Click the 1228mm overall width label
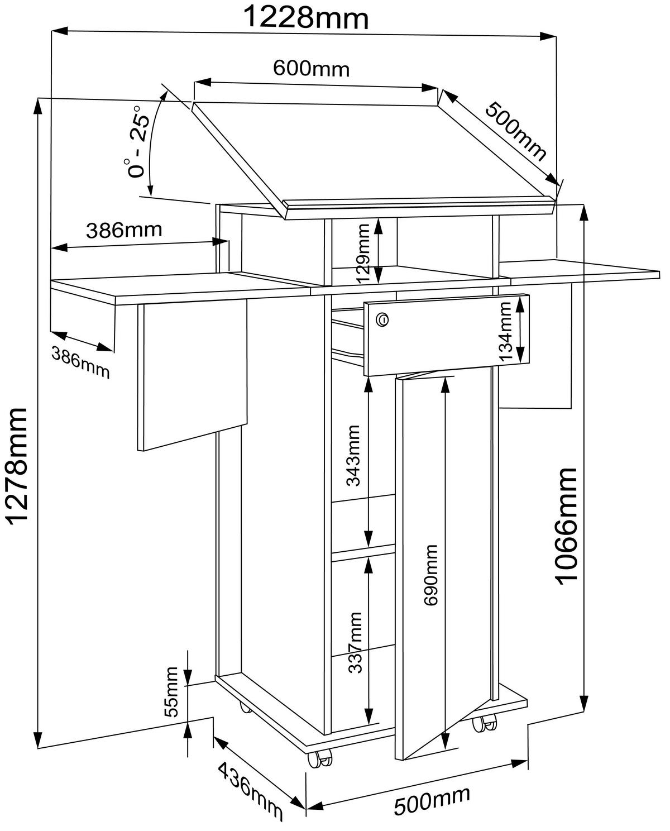(x=307, y=18)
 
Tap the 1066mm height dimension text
(x=566, y=526)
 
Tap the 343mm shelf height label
(x=355, y=455)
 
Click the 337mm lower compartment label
(x=355, y=642)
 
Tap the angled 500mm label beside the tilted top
(x=515, y=131)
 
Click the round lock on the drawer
(x=382, y=319)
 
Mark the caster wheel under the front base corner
(x=319, y=758)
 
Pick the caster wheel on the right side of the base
(x=484, y=723)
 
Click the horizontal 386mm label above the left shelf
(x=124, y=230)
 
